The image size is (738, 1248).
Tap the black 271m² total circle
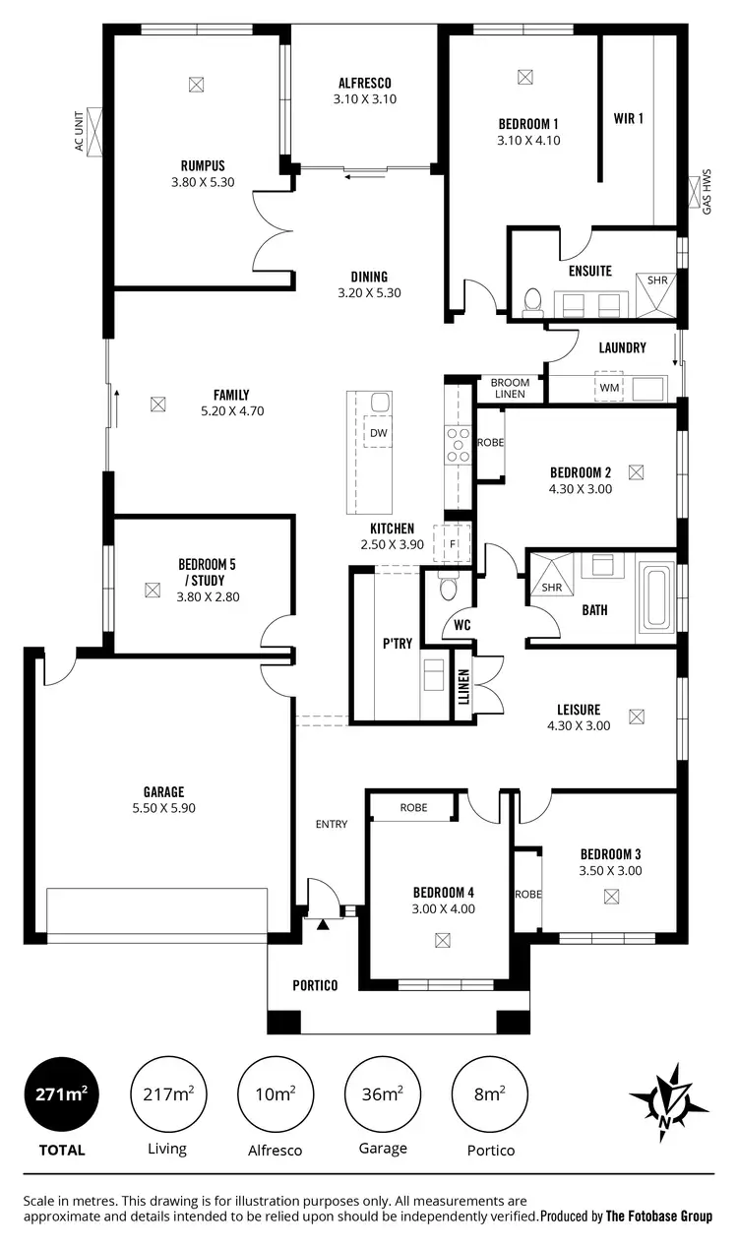(x=61, y=1094)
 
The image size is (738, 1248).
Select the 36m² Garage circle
(x=383, y=1094)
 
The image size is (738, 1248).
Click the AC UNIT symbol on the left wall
(x=96, y=131)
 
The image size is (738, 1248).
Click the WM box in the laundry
(x=610, y=389)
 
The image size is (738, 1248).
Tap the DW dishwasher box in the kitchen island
(x=378, y=432)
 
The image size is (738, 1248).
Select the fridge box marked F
(x=454, y=542)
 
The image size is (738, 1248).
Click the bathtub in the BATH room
(x=655, y=596)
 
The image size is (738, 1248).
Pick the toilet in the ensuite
(x=532, y=300)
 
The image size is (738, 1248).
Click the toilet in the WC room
(x=449, y=588)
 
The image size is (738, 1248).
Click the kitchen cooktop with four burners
(x=459, y=444)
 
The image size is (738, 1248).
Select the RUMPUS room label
(x=203, y=166)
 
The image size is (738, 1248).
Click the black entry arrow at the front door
(x=323, y=923)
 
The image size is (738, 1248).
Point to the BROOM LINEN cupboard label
(x=510, y=389)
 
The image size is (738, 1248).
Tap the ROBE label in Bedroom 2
(x=490, y=443)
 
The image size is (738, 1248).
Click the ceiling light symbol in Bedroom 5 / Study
(x=152, y=591)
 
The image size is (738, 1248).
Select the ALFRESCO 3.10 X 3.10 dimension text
(x=364, y=98)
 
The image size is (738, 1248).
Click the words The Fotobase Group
(x=659, y=1217)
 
